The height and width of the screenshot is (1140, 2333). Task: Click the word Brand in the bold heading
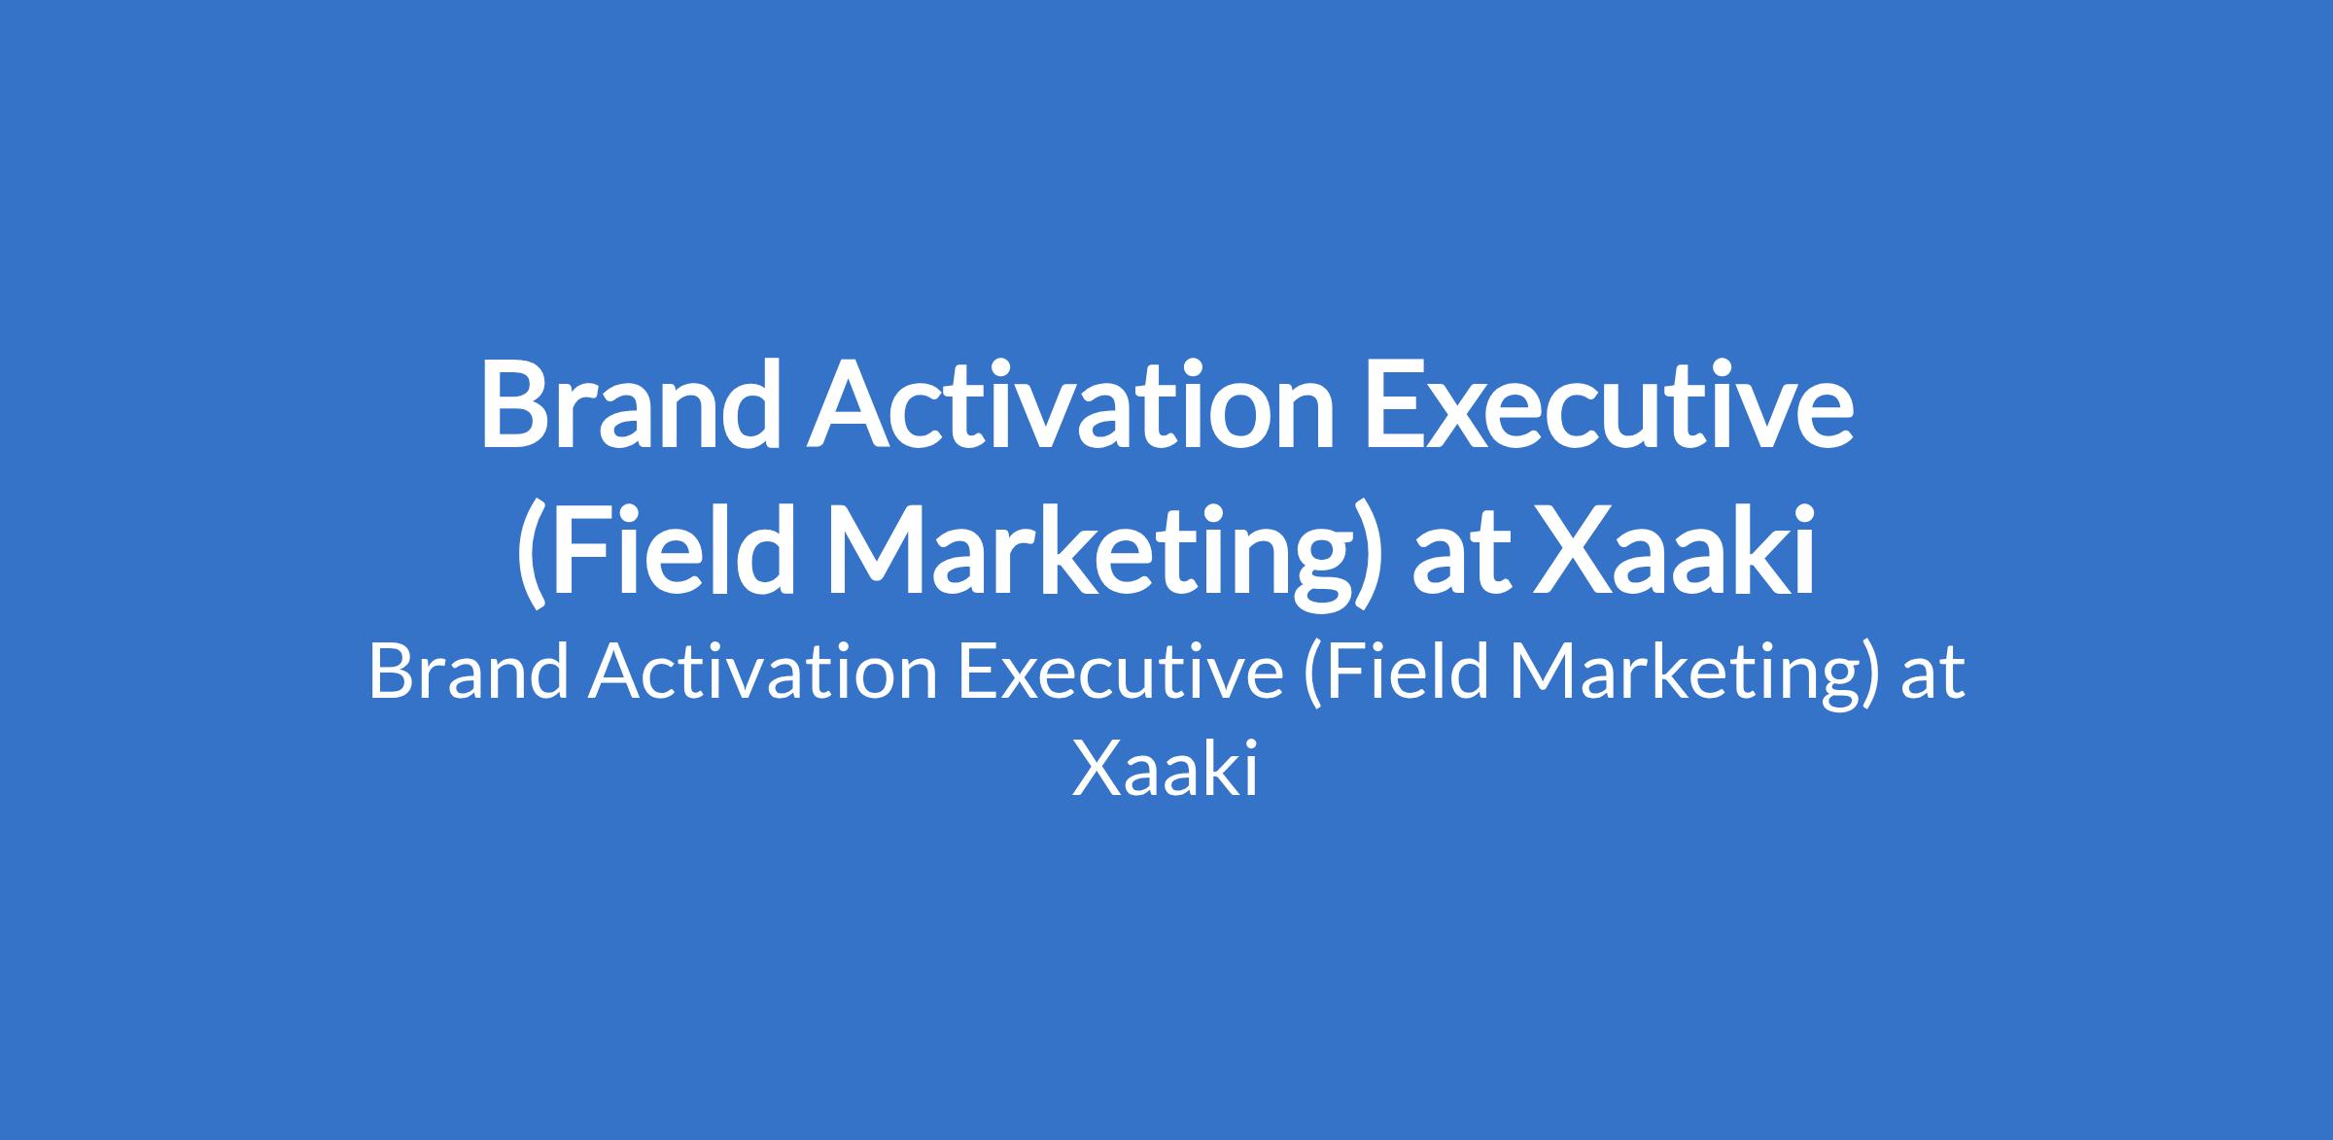pyautogui.click(x=630, y=404)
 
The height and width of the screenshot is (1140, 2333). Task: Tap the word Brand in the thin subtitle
pyautogui.click(x=469, y=673)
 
